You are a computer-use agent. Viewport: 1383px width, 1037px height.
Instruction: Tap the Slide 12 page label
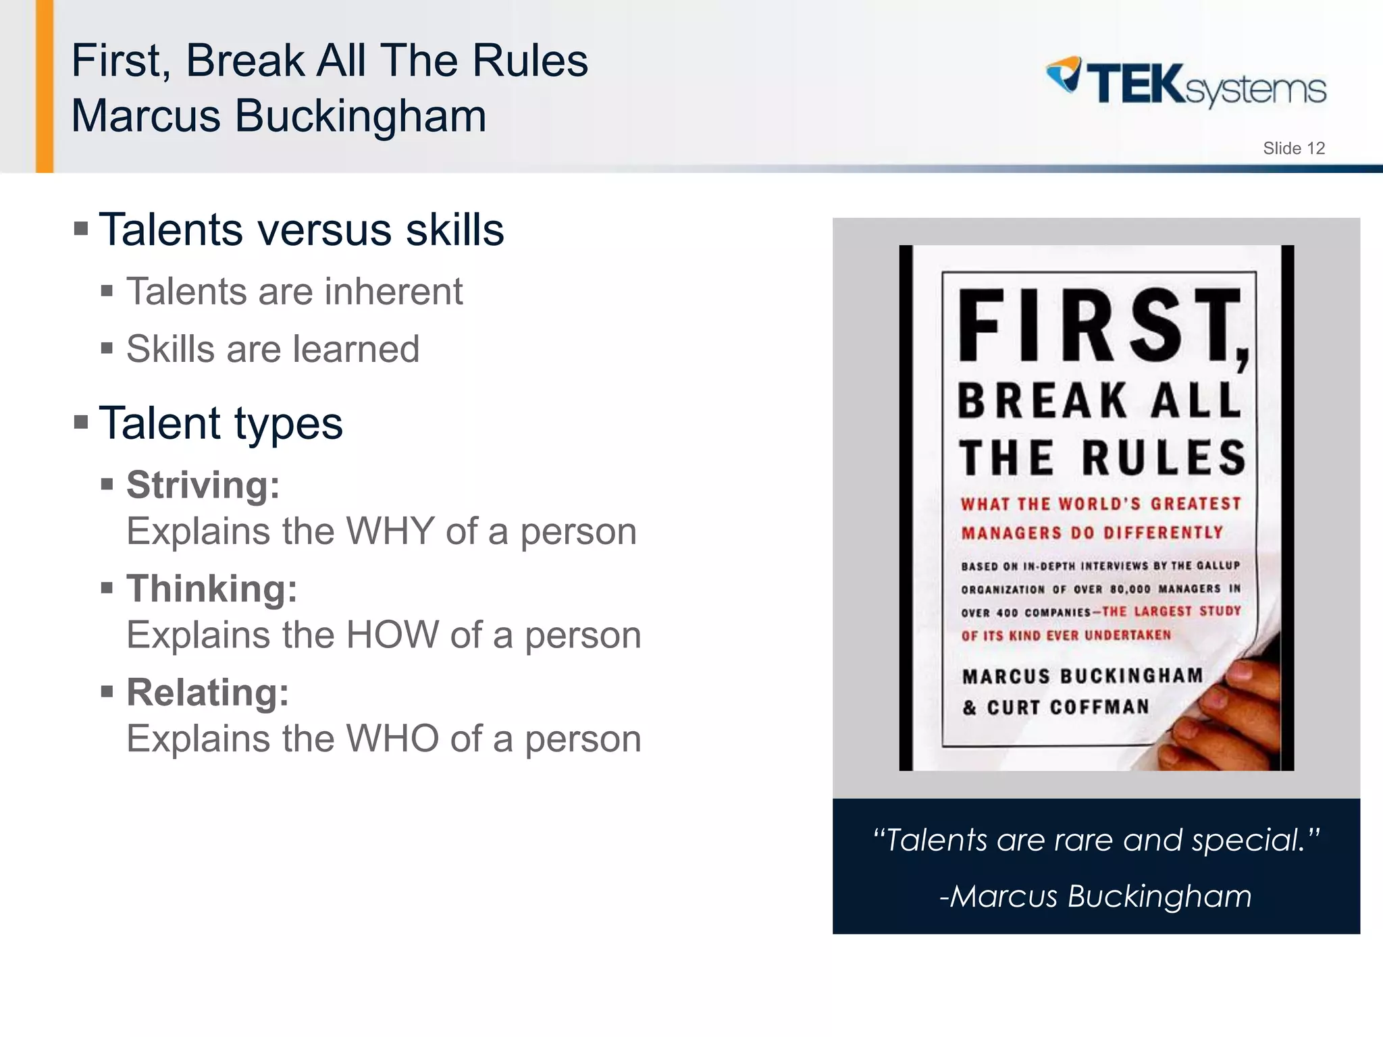click(x=1293, y=149)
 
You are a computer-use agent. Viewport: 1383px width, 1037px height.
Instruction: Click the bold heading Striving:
click(x=203, y=485)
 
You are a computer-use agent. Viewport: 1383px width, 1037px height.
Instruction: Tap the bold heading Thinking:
click(x=211, y=589)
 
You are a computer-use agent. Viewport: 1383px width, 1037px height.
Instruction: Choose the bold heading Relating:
click(x=207, y=693)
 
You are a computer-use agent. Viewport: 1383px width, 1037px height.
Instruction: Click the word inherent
click(x=394, y=292)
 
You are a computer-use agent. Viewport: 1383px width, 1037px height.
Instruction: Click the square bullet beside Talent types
click(x=81, y=423)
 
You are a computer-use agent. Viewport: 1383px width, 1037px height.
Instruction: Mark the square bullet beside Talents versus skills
click(x=81, y=230)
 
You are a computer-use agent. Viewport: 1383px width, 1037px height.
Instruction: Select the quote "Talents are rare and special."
click(x=1095, y=841)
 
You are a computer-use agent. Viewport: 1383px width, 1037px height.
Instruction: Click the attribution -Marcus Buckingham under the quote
click(x=1095, y=897)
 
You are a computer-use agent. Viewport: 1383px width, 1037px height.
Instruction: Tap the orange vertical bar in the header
click(x=45, y=86)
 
